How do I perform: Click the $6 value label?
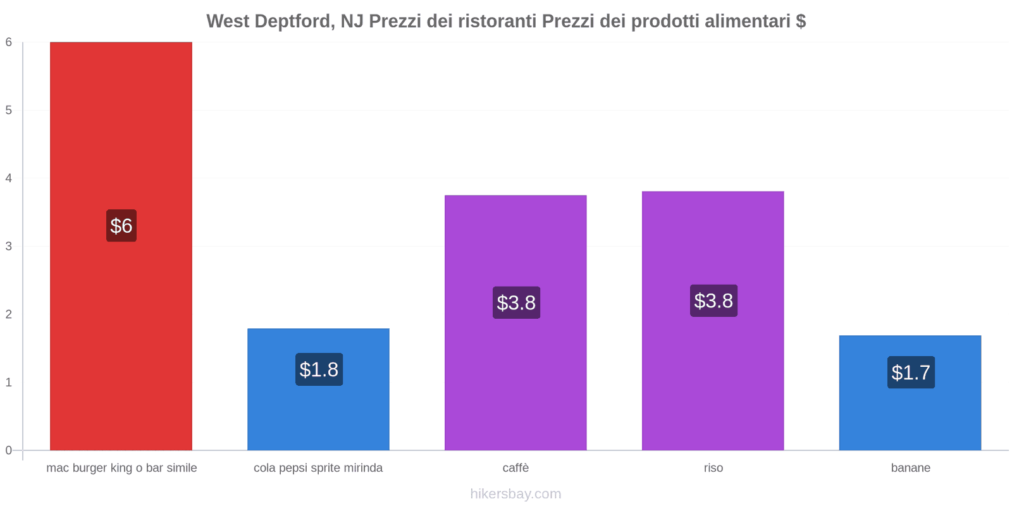(121, 226)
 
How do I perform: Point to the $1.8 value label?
(319, 369)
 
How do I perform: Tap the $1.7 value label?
(911, 373)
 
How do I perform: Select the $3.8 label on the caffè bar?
(516, 302)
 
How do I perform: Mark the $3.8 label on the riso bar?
(713, 300)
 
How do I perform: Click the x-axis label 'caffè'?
(515, 468)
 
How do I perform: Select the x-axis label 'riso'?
(713, 468)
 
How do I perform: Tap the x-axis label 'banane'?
(911, 468)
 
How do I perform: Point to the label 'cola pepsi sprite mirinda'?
(318, 468)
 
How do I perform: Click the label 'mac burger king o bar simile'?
(121, 468)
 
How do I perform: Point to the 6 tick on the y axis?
(9, 42)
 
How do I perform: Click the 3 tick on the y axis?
(9, 246)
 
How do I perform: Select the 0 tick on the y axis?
(9, 450)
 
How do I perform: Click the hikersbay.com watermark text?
(515, 494)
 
